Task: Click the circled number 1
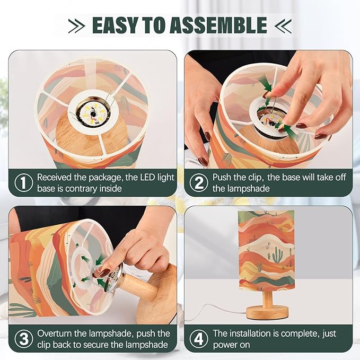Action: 24,182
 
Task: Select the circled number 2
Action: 199,182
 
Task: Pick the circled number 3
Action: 24,339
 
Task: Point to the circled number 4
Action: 199,339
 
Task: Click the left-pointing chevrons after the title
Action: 283,26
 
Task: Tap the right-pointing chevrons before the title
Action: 77,26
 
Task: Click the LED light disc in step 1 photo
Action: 93,113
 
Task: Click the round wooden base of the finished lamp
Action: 267,312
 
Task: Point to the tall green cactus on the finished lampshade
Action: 278,256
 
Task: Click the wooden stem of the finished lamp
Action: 267,297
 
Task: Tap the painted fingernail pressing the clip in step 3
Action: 104,273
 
